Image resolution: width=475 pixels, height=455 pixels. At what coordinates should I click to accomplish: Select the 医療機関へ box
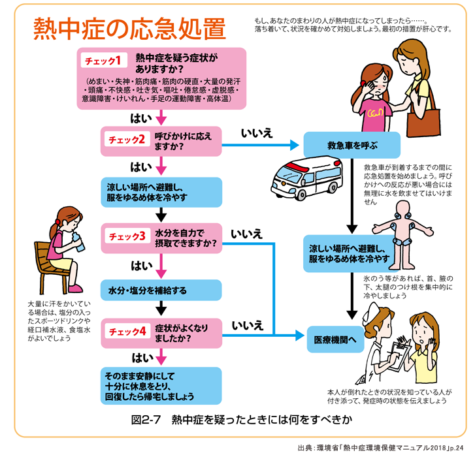[x=334, y=339]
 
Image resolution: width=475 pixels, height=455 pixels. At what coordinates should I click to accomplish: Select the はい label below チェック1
[x=141, y=118]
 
